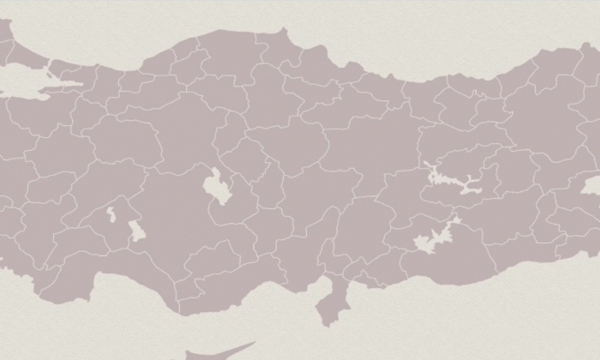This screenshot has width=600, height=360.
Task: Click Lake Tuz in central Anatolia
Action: click(x=213, y=183)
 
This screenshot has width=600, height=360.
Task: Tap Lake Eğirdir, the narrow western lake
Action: click(x=111, y=213)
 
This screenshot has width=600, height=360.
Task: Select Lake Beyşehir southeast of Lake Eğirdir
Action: click(x=136, y=231)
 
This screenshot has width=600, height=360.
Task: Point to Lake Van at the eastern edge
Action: click(x=591, y=185)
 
